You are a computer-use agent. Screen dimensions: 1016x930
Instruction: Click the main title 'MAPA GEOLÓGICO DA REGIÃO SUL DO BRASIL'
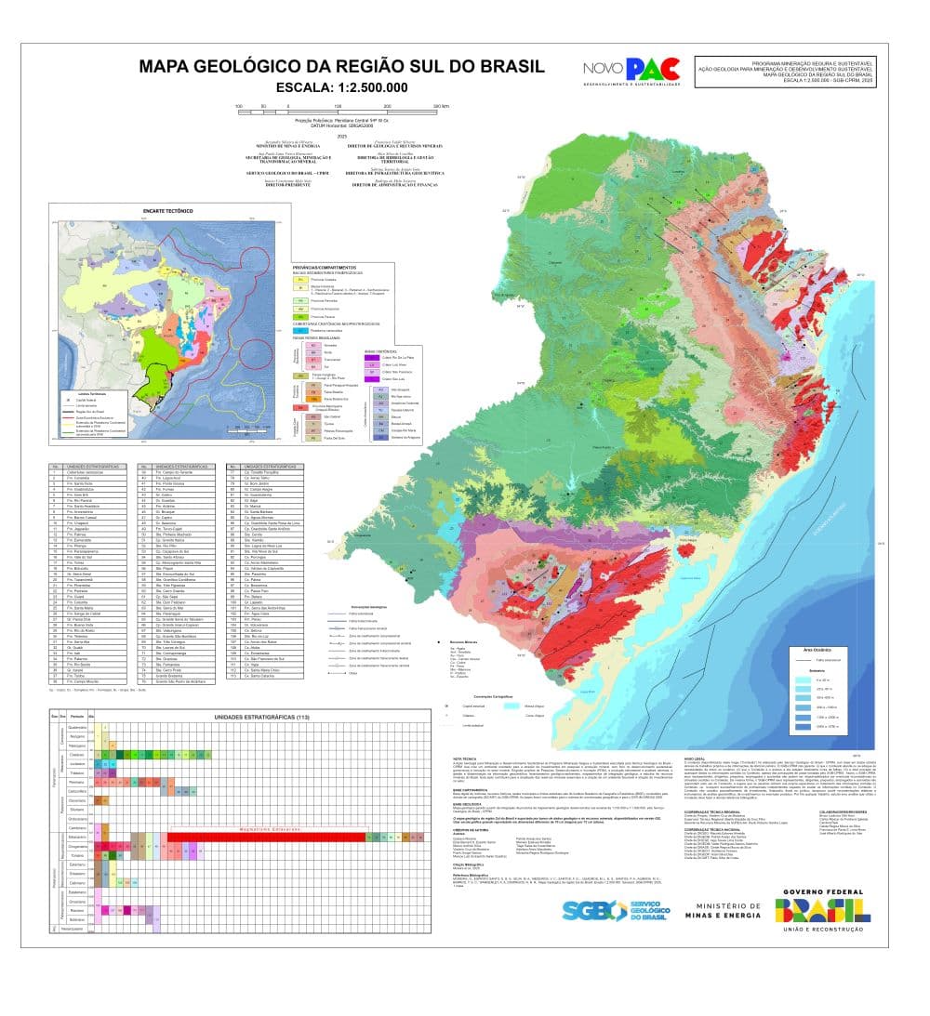341,67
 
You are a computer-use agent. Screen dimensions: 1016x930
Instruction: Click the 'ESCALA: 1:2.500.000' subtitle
341,88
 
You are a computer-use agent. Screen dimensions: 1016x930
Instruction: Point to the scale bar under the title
341,108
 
